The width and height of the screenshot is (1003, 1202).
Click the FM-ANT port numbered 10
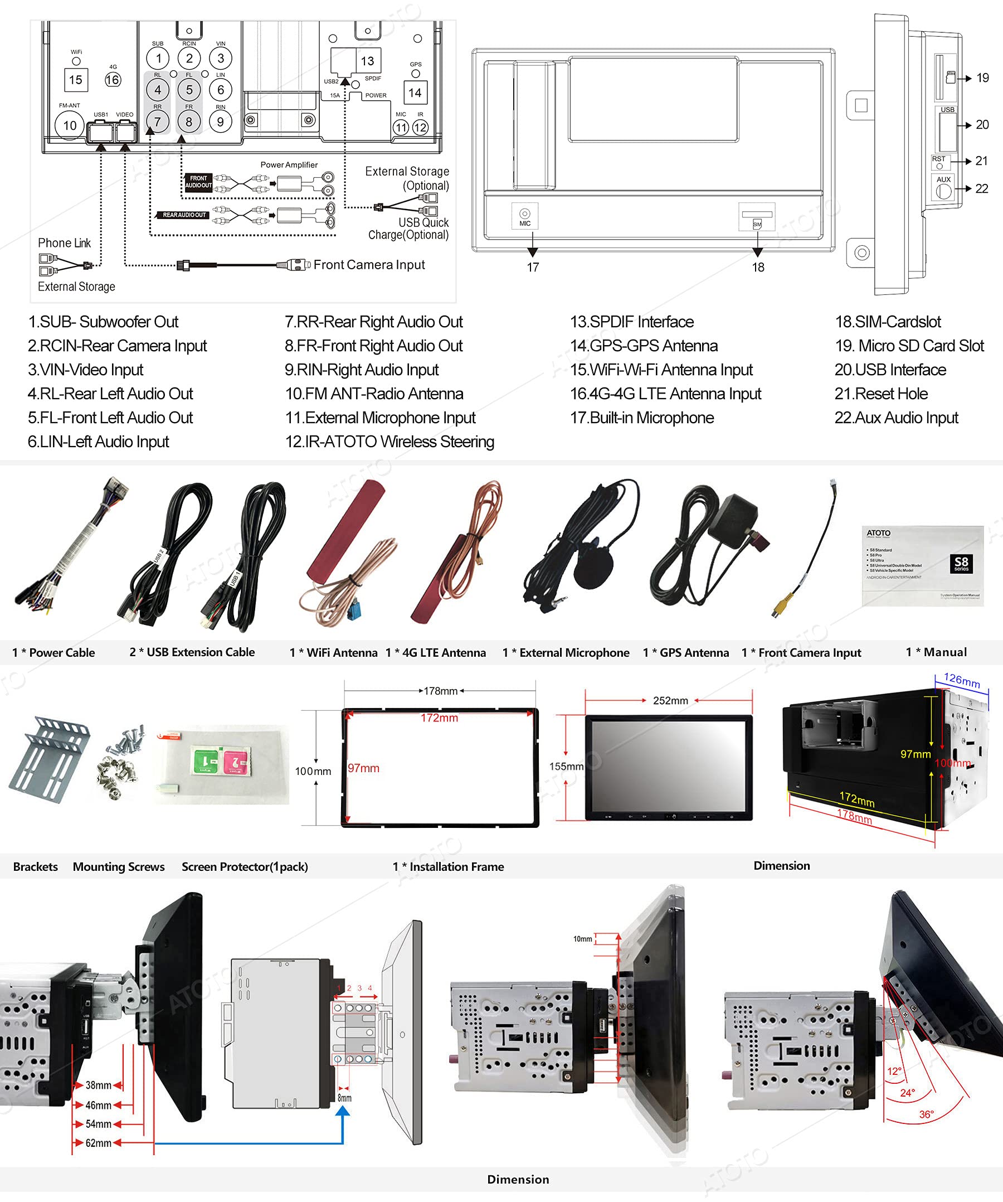click(x=70, y=125)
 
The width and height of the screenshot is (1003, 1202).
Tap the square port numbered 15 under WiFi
click(x=76, y=80)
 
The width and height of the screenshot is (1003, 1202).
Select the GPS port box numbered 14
click(x=415, y=92)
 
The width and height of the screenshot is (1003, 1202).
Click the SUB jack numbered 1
click(x=158, y=58)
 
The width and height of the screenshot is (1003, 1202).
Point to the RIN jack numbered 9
click(x=220, y=122)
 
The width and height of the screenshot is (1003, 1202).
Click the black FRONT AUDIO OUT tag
click(x=198, y=182)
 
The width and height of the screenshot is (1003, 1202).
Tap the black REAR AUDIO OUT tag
click(x=183, y=215)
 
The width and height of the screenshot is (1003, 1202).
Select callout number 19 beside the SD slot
click(x=982, y=78)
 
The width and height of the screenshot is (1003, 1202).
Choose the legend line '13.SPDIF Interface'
click(x=632, y=322)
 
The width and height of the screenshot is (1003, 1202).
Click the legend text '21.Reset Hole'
click(x=880, y=394)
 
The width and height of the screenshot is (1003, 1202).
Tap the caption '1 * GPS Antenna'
click(x=685, y=652)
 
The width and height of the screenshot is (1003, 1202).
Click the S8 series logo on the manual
click(x=961, y=564)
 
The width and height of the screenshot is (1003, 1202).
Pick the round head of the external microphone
click(x=593, y=570)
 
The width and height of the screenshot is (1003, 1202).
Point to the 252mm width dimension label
click(x=670, y=701)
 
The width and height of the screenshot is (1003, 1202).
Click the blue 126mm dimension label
click(x=962, y=681)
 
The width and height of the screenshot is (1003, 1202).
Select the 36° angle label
click(x=926, y=1114)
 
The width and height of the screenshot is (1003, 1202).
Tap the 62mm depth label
click(x=99, y=1143)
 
